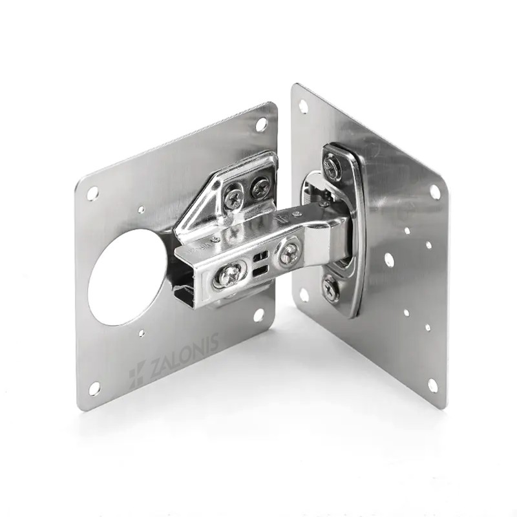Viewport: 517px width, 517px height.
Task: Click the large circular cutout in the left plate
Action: [x=127, y=277]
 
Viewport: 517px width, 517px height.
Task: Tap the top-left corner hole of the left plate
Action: [x=93, y=193]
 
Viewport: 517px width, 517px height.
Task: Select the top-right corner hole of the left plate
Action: [x=261, y=123]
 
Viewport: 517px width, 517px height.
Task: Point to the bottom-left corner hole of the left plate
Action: [x=94, y=388]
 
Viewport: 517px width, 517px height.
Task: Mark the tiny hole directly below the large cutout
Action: [x=142, y=334]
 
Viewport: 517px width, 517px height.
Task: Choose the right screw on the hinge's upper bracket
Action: [x=260, y=187]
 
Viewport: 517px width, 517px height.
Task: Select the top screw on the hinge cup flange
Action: [x=332, y=167]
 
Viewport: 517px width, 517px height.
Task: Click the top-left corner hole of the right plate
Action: [x=303, y=107]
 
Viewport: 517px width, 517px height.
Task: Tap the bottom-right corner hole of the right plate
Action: [x=432, y=385]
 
